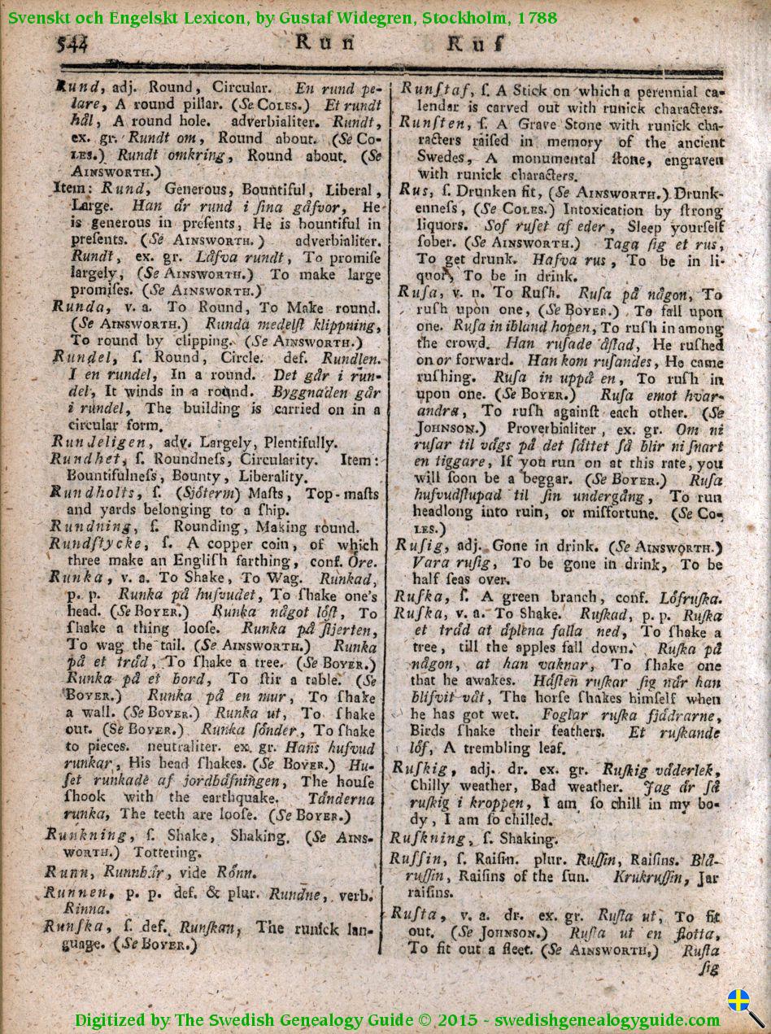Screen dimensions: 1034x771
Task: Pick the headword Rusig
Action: click(x=416, y=548)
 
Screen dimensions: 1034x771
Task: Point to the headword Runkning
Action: click(x=86, y=835)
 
